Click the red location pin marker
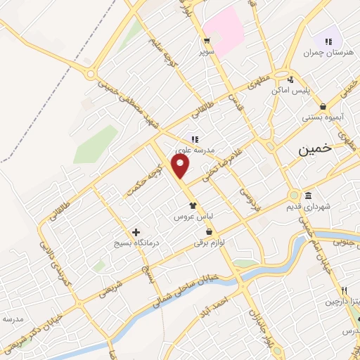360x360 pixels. coord(181,167)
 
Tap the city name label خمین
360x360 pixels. coord(313,150)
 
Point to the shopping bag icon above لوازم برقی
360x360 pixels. coord(209,232)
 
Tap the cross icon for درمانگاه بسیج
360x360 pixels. coord(136,232)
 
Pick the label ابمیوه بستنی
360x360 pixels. coord(323,118)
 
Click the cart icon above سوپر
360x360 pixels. coord(207,40)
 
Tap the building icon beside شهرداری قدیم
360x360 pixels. coord(309,195)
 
